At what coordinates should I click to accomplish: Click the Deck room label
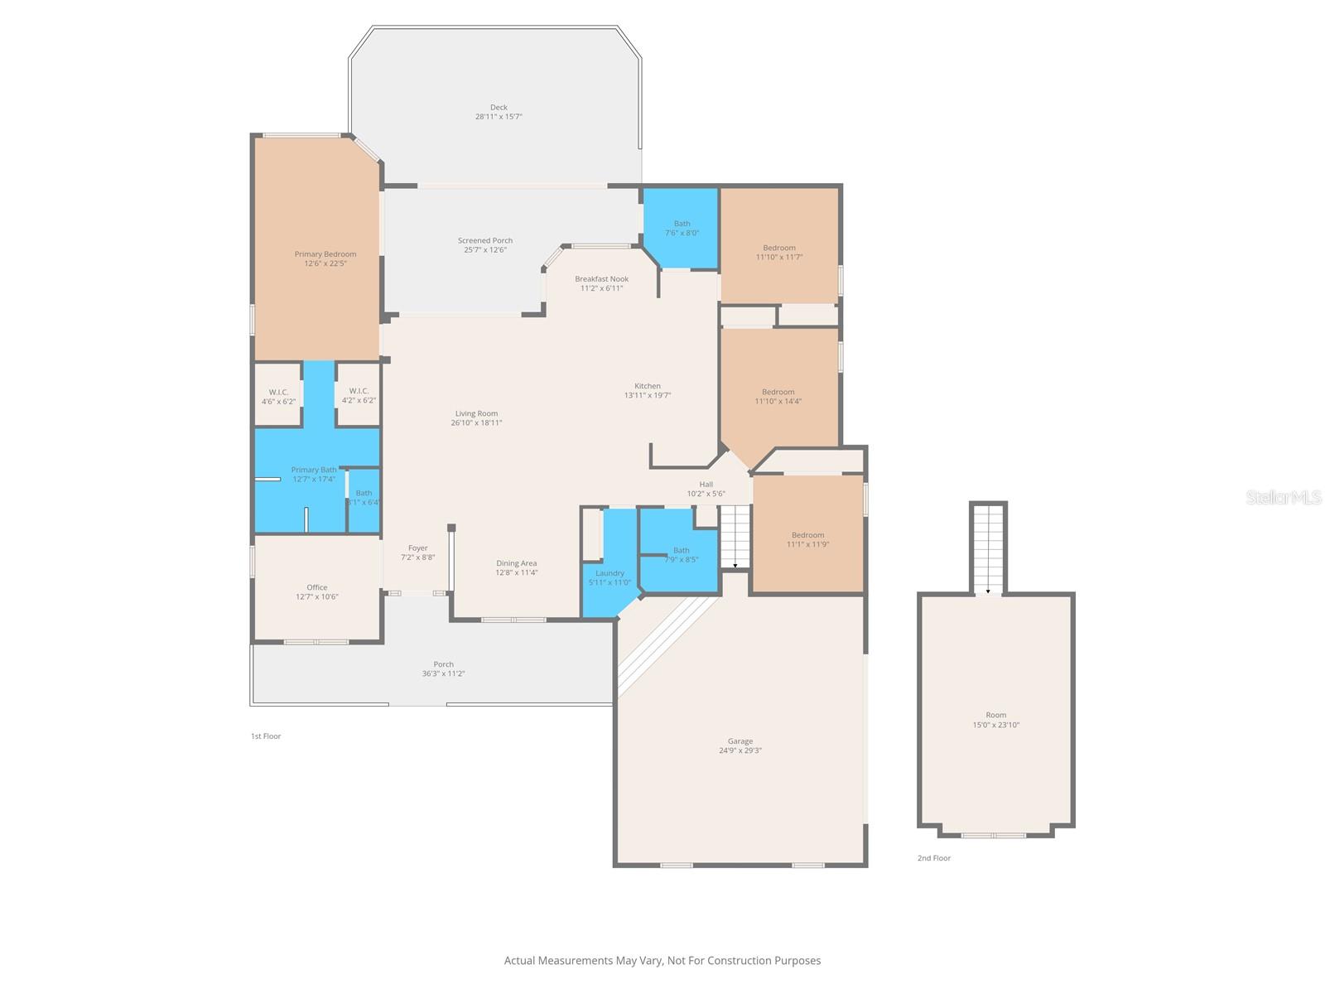click(499, 108)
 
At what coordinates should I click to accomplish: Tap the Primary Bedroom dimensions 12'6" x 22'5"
click(325, 263)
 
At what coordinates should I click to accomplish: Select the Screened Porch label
click(485, 241)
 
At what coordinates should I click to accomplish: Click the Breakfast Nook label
click(601, 279)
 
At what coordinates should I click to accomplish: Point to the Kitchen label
click(648, 386)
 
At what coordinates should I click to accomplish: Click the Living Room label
click(476, 414)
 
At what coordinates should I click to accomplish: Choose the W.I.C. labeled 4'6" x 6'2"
click(278, 396)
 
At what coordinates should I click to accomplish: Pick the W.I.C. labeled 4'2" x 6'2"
click(359, 396)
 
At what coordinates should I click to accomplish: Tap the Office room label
click(317, 587)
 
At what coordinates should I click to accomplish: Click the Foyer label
click(417, 548)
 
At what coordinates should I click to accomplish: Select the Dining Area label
click(517, 563)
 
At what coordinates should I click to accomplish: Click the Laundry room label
click(609, 573)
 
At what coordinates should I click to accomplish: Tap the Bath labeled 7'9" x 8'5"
click(681, 555)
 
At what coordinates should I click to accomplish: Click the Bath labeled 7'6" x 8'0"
click(682, 229)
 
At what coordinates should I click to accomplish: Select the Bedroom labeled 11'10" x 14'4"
click(778, 397)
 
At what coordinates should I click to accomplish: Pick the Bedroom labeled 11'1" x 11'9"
click(807, 540)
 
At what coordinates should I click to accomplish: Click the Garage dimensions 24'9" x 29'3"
click(740, 750)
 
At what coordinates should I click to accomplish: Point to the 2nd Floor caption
click(933, 858)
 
